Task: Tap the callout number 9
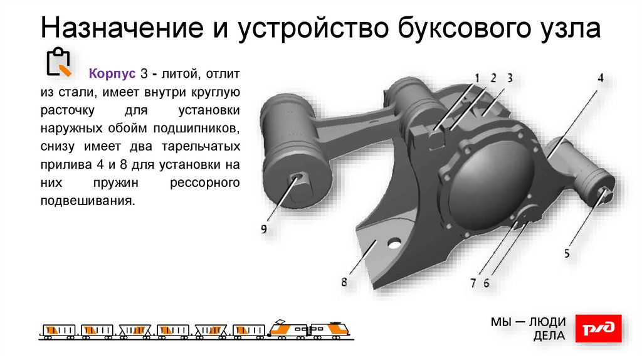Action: pyautogui.click(x=264, y=229)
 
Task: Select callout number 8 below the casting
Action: pyautogui.click(x=344, y=282)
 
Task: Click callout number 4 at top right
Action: pyautogui.click(x=600, y=78)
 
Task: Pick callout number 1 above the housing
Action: pyautogui.click(x=476, y=78)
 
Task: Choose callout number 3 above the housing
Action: pyautogui.click(x=510, y=78)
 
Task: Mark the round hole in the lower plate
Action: pyautogui.click(x=394, y=243)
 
